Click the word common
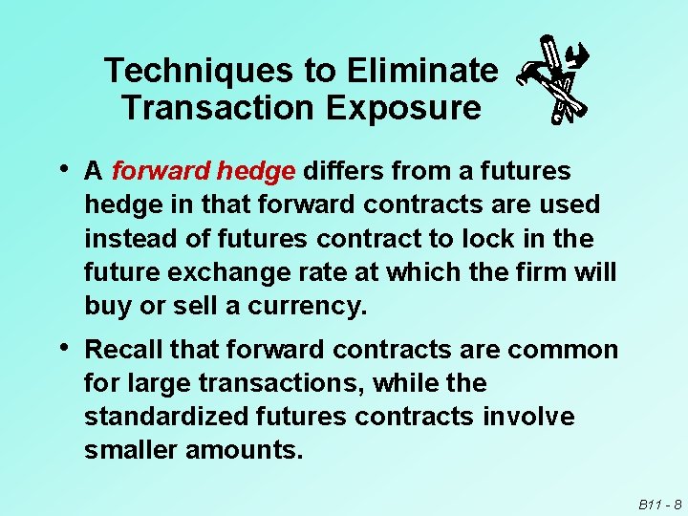[x=563, y=350]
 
